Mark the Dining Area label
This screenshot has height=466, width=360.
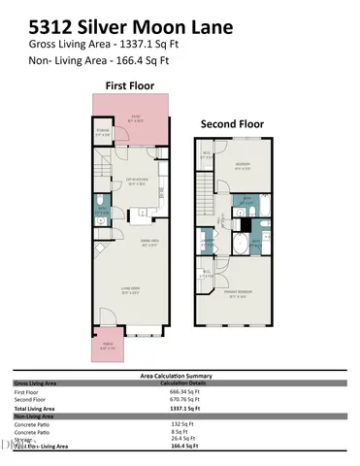point(150,245)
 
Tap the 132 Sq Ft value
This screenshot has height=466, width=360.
point(180,423)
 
